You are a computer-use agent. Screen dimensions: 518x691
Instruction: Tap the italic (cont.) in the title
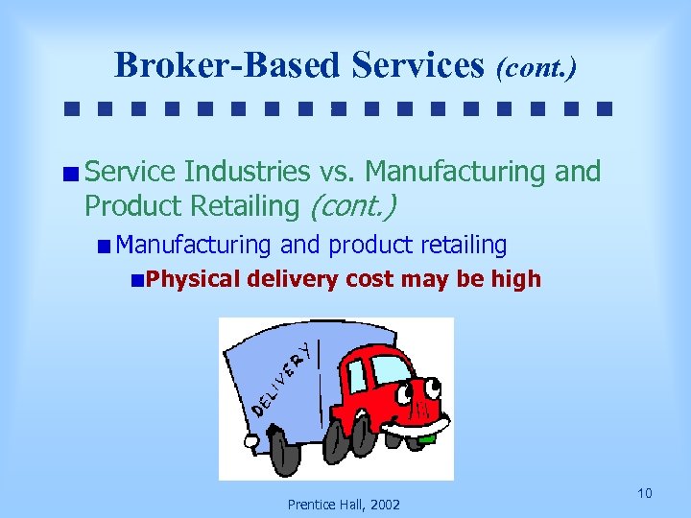[x=536, y=67]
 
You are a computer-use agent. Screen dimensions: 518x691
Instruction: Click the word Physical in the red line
[x=194, y=280]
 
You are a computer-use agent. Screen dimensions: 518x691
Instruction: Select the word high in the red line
[x=519, y=280]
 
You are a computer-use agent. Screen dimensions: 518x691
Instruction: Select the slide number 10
[x=644, y=493]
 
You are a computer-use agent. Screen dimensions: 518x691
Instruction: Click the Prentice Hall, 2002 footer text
[x=345, y=505]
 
